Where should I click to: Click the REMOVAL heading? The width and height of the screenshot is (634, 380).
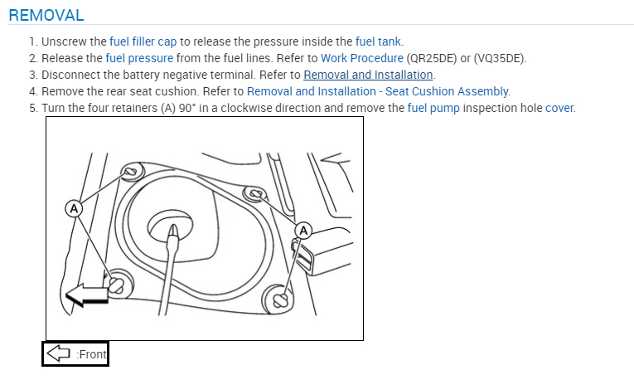tap(46, 16)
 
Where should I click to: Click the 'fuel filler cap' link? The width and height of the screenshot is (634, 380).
tap(144, 41)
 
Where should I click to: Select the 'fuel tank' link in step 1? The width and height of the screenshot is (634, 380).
tap(379, 41)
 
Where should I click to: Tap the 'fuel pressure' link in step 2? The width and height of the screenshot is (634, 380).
tap(139, 58)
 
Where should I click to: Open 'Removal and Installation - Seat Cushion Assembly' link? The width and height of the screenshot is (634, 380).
tap(378, 91)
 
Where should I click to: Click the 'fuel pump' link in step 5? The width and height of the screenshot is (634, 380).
tap(433, 108)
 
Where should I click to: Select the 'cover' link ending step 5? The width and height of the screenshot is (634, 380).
tap(559, 108)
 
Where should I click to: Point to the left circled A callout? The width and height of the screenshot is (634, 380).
tap(74, 208)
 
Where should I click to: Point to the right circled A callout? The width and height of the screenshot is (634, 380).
tap(303, 229)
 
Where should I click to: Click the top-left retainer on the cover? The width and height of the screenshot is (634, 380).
tap(129, 173)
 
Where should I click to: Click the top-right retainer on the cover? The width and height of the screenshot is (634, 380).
tap(255, 195)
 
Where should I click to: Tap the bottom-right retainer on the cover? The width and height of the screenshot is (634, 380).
tap(280, 296)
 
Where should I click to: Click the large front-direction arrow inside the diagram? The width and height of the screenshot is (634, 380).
tap(88, 292)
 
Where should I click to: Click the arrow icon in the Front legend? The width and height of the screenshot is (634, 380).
tap(58, 353)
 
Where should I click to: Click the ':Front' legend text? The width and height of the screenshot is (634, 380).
tap(91, 354)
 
